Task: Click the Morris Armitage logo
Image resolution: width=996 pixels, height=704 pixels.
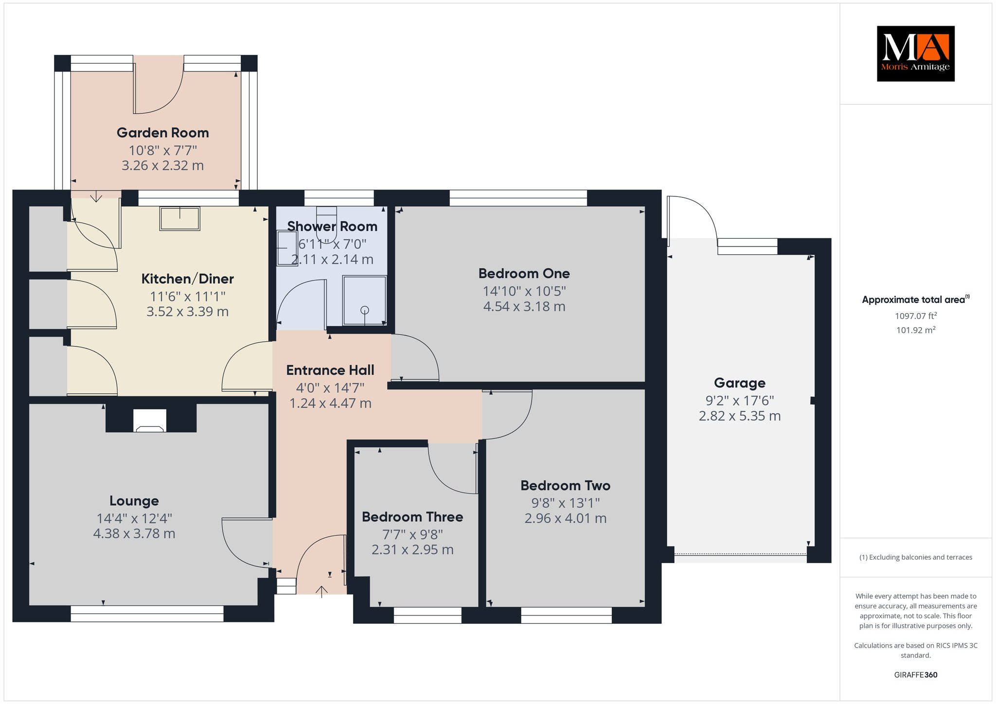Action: (x=915, y=53)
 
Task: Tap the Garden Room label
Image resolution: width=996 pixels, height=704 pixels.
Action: (x=163, y=133)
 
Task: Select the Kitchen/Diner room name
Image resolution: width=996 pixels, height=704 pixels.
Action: (x=188, y=279)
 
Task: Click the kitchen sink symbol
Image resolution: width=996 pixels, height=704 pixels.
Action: (x=180, y=218)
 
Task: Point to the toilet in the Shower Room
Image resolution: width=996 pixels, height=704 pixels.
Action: (x=326, y=223)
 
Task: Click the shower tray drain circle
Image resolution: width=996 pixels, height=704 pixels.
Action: (x=365, y=310)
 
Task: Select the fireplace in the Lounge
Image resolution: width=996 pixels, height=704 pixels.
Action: (x=150, y=421)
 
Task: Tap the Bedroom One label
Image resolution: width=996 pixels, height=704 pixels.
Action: (x=524, y=273)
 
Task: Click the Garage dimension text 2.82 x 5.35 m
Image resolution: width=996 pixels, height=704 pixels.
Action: (x=740, y=416)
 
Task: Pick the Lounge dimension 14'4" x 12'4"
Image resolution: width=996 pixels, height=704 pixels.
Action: (x=134, y=518)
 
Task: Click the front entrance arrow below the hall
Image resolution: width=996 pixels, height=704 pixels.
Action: (x=321, y=592)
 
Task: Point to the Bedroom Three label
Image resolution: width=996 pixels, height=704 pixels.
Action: (x=412, y=517)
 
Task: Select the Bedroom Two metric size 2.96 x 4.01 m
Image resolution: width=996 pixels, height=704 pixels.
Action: (x=566, y=518)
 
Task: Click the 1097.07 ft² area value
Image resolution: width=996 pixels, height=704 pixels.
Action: (x=916, y=316)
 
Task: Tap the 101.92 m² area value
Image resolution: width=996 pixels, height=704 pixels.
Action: (x=916, y=330)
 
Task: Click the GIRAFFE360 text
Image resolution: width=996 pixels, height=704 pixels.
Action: (x=916, y=675)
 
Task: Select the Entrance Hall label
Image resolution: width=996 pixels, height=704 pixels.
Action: (x=330, y=370)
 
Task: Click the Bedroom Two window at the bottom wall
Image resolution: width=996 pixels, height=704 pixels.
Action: (x=566, y=615)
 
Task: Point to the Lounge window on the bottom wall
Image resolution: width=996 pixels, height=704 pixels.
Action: (x=147, y=614)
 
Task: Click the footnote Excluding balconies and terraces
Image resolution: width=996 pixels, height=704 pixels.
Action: (x=916, y=557)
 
